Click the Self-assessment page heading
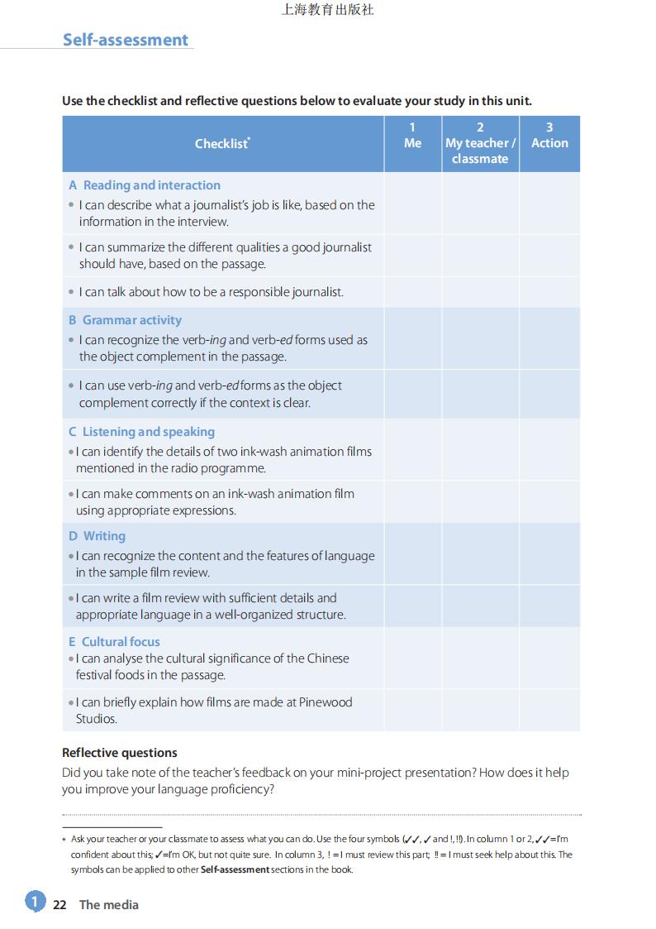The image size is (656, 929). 126,40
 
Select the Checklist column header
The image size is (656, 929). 222,143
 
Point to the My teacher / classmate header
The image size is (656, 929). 480,143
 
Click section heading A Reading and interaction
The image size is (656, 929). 145,185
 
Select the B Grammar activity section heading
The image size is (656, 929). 125,320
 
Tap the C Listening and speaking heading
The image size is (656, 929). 141,432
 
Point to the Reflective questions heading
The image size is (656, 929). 120,753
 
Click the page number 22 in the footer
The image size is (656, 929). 59,905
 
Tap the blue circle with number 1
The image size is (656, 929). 35,902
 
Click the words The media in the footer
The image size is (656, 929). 108,905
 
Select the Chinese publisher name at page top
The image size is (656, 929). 328,10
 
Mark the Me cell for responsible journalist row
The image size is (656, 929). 412,292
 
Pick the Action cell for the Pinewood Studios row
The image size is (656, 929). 549,710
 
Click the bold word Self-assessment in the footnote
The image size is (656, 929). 235,870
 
